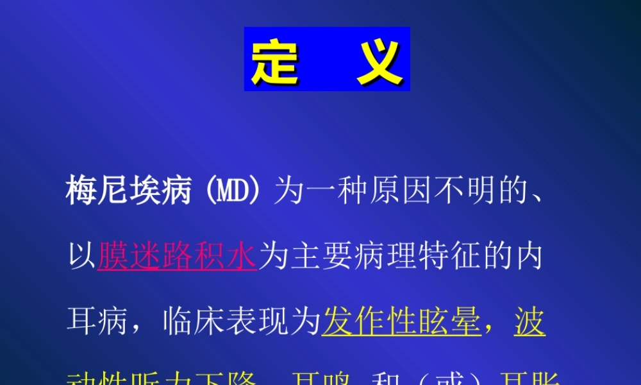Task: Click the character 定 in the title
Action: click(275, 60)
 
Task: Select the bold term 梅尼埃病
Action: click(129, 191)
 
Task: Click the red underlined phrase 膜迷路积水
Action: click(178, 256)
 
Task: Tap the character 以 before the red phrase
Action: click(81, 256)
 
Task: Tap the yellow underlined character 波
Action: click(530, 321)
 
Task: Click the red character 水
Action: click(242, 256)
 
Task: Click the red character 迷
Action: click(146, 256)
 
